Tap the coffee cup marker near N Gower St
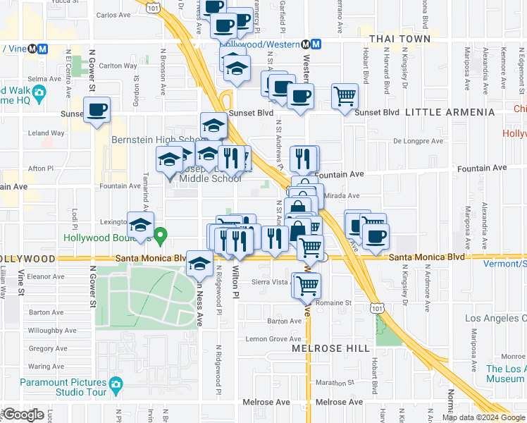(x=97, y=110)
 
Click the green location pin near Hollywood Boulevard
(x=161, y=235)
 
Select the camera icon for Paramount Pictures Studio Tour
(x=116, y=384)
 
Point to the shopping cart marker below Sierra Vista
(x=306, y=286)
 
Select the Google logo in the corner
(x=23, y=415)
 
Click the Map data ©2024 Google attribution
(x=483, y=417)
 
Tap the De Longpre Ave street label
(x=418, y=141)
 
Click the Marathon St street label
(x=333, y=382)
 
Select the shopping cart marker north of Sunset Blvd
(x=345, y=96)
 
